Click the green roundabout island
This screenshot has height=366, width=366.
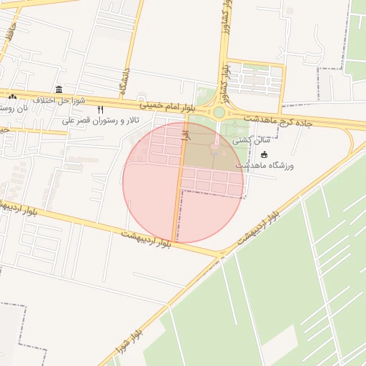tap(219, 112)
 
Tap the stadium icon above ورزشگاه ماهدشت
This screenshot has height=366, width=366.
tap(264, 154)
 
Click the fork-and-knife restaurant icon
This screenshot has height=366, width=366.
tap(100, 109)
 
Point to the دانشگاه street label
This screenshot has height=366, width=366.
tap(124, 82)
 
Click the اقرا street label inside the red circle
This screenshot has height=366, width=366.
tap(184, 132)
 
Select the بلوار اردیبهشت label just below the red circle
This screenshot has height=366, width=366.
tap(147, 239)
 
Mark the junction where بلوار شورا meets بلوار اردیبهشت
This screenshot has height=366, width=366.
tap(220, 254)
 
